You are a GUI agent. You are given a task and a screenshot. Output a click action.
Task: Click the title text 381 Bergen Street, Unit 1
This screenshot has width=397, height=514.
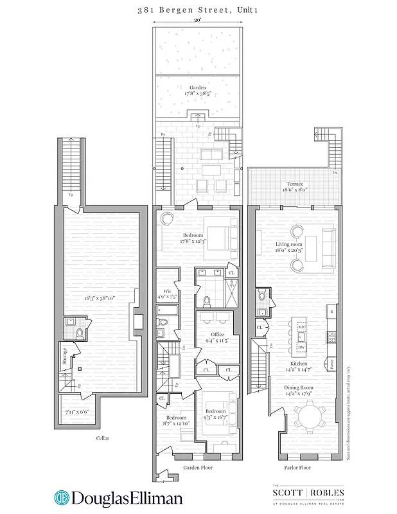[x=198, y=10]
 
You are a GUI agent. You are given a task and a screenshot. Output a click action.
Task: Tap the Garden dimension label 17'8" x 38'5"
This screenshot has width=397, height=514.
[x=198, y=93]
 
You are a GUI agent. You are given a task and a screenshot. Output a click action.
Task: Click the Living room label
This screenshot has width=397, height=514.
[x=288, y=244]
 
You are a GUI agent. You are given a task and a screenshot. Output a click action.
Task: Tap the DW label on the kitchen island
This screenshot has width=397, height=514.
[x=301, y=348]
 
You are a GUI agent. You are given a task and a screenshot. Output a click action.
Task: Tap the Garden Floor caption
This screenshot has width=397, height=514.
[x=198, y=468]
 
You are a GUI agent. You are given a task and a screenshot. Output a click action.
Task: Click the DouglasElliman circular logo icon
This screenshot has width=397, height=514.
[x=62, y=498]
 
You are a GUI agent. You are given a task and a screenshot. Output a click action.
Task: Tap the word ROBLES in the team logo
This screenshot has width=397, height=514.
[x=326, y=493]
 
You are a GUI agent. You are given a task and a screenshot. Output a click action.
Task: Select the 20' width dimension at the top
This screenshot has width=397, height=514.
[x=198, y=20]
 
